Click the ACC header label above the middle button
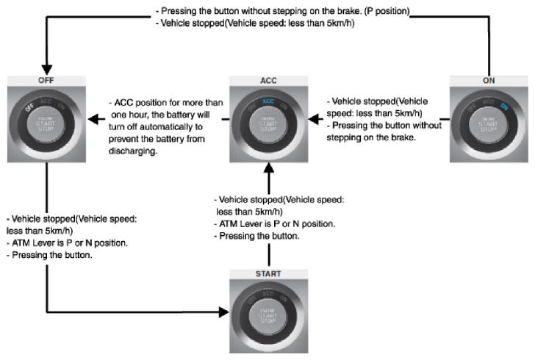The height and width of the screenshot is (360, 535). pyautogui.click(x=268, y=79)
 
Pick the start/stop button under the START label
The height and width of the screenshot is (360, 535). pyautogui.click(x=268, y=314)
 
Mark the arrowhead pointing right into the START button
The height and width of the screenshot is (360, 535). pyautogui.click(x=223, y=312)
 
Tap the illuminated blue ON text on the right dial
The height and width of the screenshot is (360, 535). pyautogui.click(x=504, y=106)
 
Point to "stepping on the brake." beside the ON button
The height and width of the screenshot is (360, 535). pyautogui.click(x=375, y=137)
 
